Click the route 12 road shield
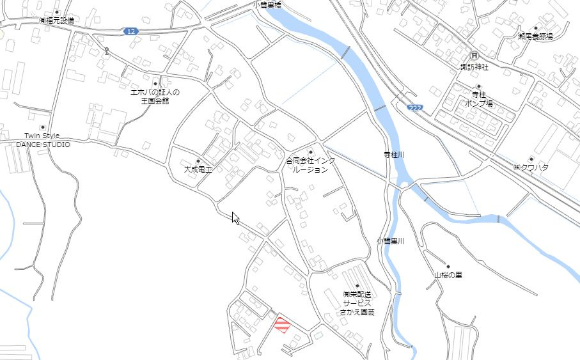pyautogui.click(x=130, y=31)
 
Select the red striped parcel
pyautogui.click(x=282, y=325)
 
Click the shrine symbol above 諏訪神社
pyautogui.click(x=474, y=56)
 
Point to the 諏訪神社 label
pyautogui.click(x=474, y=67)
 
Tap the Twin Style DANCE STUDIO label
pyautogui.click(x=43, y=140)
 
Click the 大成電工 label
pyautogui.click(x=198, y=169)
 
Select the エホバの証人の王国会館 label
pyautogui.click(x=155, y=96)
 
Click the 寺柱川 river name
pyautogui.click(x=394, y=155)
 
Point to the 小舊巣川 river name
pyautogui.click(x=390, y=241)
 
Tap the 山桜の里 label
pyautogui.click(x=448, y=275)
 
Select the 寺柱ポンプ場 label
pyautogui.click(x=478, y=98)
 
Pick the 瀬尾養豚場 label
pyautogui.click(x=535, y=37)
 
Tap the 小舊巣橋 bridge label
pyautogui.click(x=267, y=4)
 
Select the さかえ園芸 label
pyautogui.click(x=357, y=312)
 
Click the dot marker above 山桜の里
pyautogui.click(x=448, y=266)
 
